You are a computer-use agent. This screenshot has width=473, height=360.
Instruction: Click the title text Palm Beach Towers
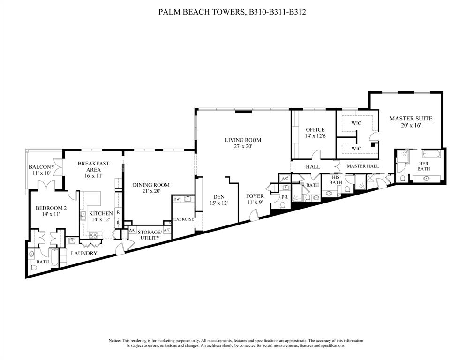[202, 12]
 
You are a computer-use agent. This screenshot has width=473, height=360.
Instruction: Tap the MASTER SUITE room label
[411, 119]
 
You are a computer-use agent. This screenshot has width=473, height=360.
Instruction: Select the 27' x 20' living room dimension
[243, 147]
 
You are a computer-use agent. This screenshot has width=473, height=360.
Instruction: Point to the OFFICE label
[315, 130]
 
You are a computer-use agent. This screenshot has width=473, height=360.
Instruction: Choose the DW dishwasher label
[176, 199]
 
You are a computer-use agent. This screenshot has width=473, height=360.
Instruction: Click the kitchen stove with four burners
[93, 235]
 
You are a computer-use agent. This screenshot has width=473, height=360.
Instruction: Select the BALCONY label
[42, 167]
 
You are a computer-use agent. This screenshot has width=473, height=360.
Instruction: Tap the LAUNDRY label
[84, 253]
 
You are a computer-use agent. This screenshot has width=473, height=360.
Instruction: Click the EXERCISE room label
[183, 219]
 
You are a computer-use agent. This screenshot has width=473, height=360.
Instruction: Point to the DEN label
[218, 196]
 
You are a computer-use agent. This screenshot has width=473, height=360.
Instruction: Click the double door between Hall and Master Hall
[336, 166]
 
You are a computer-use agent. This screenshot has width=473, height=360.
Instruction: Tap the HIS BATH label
[335, 180]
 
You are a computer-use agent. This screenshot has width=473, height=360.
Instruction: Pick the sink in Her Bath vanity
[427, 179]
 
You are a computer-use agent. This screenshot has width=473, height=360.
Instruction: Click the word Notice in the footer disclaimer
[115, 340]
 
